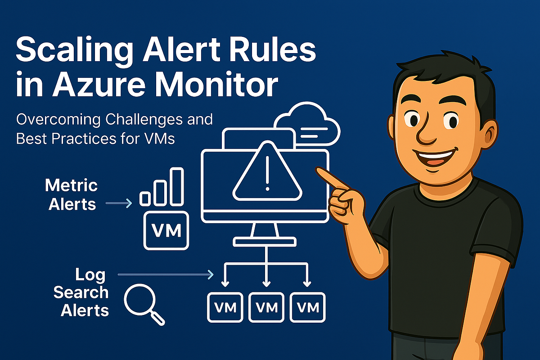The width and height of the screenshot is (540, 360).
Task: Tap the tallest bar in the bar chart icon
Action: [176, 185]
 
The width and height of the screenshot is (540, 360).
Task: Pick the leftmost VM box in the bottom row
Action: [225, 307]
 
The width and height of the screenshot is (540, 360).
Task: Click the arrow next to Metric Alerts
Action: [119, 204]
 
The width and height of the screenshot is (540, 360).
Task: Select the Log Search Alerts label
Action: [81, 292]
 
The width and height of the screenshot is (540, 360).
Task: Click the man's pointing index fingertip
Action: [319, 169]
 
